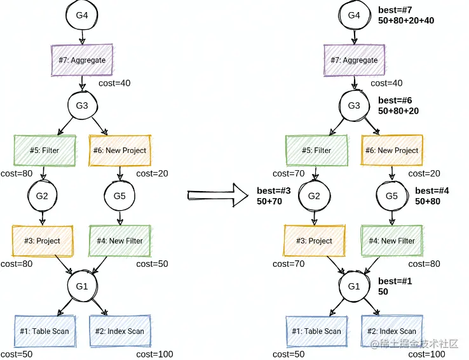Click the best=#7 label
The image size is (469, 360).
coord(396,10)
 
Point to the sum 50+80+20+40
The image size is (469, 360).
coord(406,21)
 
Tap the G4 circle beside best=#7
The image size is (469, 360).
coord(353,15)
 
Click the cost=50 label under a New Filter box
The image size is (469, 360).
coord(152,263)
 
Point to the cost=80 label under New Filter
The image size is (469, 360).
coord(424,263)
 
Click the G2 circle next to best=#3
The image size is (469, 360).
coord(314,196)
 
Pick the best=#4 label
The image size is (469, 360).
coord(433,190)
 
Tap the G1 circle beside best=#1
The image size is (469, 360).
coord(354,286)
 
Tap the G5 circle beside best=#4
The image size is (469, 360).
coord(391,196)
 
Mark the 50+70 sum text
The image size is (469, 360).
coord(269,201)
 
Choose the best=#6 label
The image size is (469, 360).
coord(396,100)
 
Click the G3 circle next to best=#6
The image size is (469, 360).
coord(353,105)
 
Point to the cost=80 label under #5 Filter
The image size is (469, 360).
coord(17,173)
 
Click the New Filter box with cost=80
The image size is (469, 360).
coord(391,241)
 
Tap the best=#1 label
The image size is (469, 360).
coord(395,281)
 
